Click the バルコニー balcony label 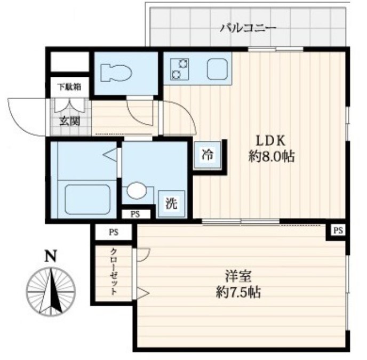[249, 28]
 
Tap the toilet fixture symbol [116, 73]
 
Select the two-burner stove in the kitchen [180, 69]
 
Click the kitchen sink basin [218, 69]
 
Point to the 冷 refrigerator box [208, 155]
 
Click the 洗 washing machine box [172, 204]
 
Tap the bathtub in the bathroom [87, 199]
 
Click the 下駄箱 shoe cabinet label [70, 87]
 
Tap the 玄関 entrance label [69, 121]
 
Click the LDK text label [271, 141]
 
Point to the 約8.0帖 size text [271, 156]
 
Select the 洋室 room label [238, 276]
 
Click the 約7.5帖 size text [238, 292]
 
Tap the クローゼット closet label [114, 271]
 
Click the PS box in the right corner [338, 231]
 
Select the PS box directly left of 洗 [135, 214]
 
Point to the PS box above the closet [114, 232]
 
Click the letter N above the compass [51, 256]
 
